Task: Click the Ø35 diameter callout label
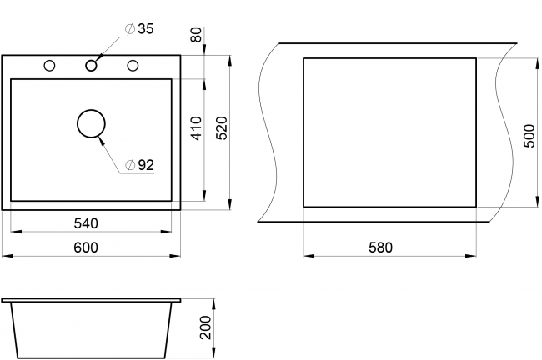[139, 29]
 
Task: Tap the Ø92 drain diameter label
[139, 165]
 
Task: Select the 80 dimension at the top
[196, 34]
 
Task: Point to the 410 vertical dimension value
[196, 128]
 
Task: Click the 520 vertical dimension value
[222, 128]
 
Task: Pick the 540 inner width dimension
[86, 223]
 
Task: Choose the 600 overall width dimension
[86, 247]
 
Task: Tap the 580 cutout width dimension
[380, 247]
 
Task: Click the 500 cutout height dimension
[529, 136]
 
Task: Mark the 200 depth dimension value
[205, 327]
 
